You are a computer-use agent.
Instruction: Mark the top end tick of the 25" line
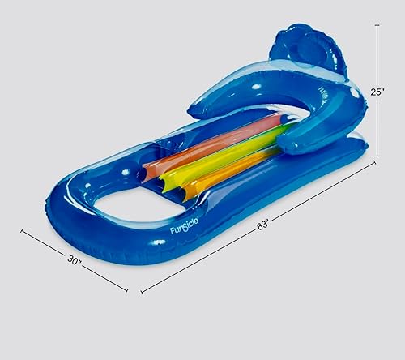[378, 24]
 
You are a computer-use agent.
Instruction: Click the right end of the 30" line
[127, 289]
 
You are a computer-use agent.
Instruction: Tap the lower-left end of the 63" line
[143, 291]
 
